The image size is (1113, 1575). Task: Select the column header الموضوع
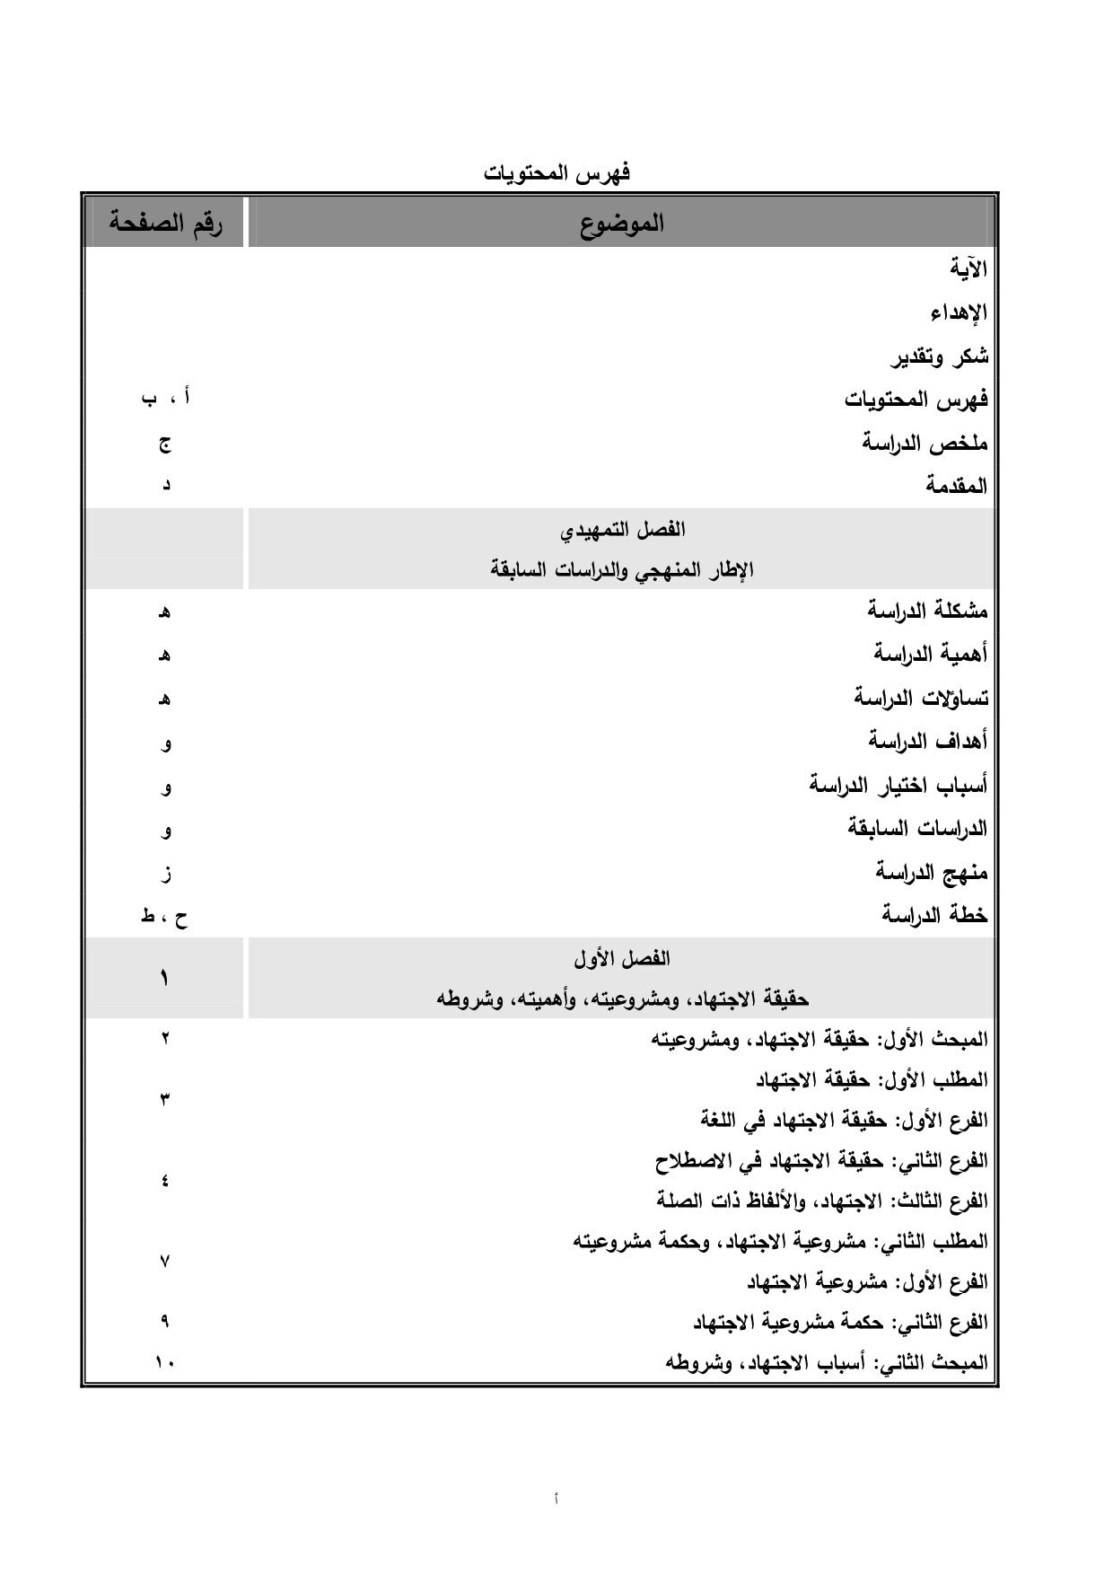pos(621,223)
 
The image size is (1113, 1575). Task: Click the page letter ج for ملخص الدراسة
pos(165,444)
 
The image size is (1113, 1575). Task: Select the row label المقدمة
pos(957,487)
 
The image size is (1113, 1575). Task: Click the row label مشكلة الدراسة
pos(927,612)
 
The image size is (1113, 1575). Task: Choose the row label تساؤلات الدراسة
pos(920,698)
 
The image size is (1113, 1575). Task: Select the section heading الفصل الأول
pos(621,959)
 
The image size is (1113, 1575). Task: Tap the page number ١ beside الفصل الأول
pos(165,978)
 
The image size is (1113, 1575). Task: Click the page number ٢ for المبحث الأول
pos(165,1040)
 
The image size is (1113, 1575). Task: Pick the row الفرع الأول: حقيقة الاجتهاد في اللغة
pos(844,1121)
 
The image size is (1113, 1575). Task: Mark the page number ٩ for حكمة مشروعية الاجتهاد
pos(165,1322)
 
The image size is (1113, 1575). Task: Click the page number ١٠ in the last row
pos(165,1363)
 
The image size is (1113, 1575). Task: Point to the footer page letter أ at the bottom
pos(556,1498)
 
